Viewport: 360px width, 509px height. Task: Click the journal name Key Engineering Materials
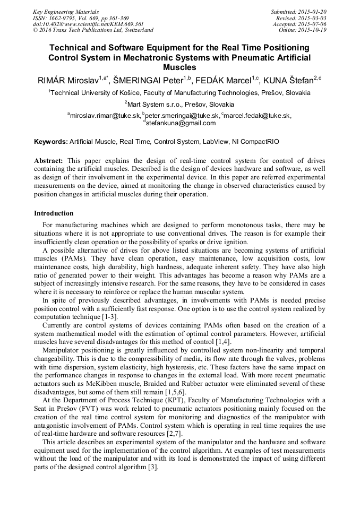[x=66, y=11]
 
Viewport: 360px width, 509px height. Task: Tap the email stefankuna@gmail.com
[x=181, y=123]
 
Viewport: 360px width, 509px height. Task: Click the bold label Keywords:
[x=51, y=142]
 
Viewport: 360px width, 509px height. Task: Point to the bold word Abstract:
[x=49, y=160]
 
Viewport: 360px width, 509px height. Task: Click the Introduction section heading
[x=54, y=213]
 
